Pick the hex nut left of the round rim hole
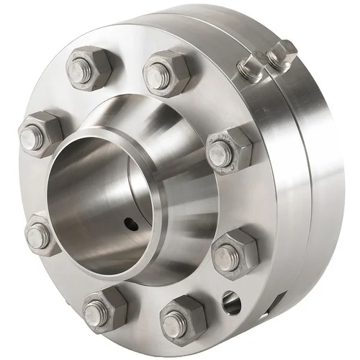point(179,318)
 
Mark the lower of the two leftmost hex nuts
point(43,234)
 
